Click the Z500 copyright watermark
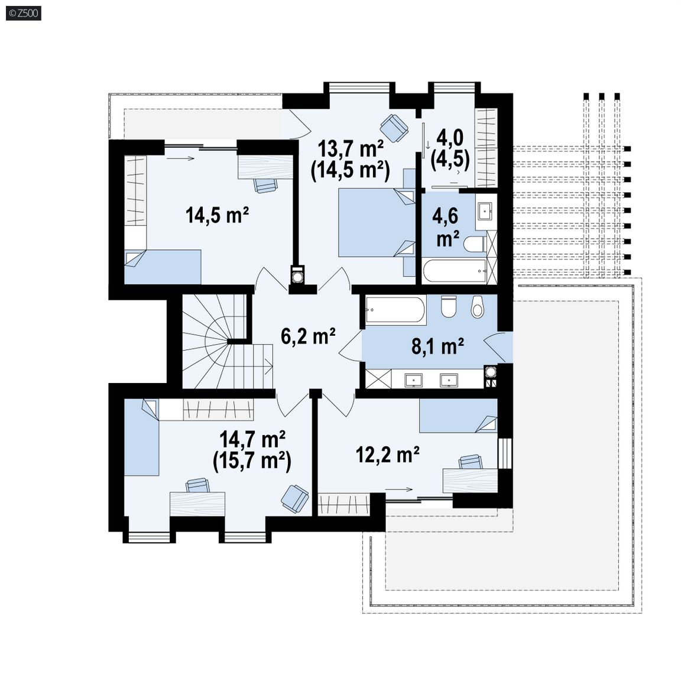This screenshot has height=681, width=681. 24,13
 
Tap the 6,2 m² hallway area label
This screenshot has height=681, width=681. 308,336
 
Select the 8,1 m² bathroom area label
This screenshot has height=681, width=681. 437,346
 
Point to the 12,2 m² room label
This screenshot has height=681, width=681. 387,455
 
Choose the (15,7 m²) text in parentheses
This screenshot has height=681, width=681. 252,461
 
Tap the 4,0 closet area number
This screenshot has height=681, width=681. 450,138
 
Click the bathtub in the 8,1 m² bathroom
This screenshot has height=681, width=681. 395,309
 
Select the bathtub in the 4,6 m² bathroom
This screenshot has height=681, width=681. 454,272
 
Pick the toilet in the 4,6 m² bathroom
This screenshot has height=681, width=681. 475,244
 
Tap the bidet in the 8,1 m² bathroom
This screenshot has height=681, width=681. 477,307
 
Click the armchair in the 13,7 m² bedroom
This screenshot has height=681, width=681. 394,128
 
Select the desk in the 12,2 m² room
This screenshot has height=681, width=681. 470,481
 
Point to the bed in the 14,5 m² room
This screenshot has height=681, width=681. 163,267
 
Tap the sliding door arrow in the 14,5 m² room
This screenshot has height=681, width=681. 180,158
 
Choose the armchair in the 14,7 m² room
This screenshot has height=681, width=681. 294,498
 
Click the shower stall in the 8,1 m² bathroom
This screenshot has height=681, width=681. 378,379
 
